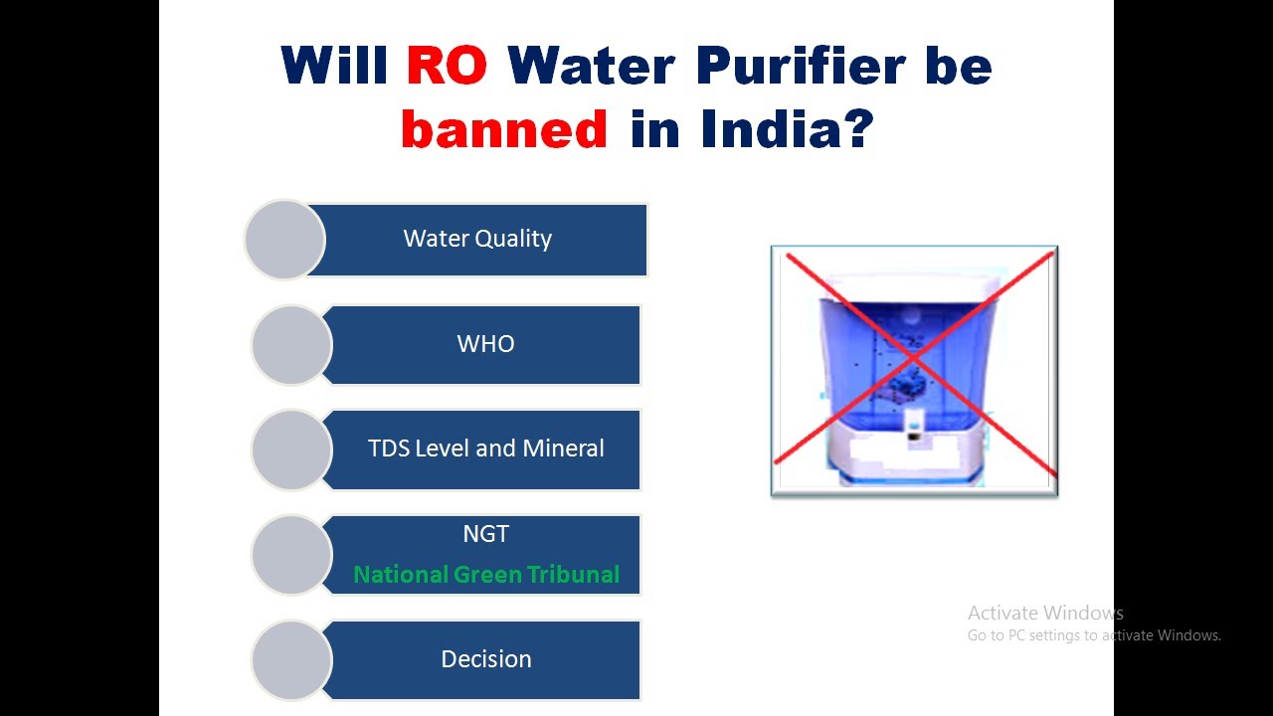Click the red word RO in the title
click(447, 66)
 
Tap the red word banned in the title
click(504, 128)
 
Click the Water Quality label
click(477, 239)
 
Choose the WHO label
click(485, 344)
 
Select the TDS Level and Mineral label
click(485, 448)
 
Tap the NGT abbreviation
click(485, 534)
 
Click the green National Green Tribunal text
click(486, 575)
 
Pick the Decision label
click(485, 659)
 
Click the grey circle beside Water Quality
click(284, 240)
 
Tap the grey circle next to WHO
click(291, 345)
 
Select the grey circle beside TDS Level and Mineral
click(291, 449)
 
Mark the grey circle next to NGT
click(291, 555)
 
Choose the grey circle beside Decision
click(291, 660)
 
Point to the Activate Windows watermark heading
click(1045, 613)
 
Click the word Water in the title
click(591, 66)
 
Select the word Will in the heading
click(335, 66)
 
